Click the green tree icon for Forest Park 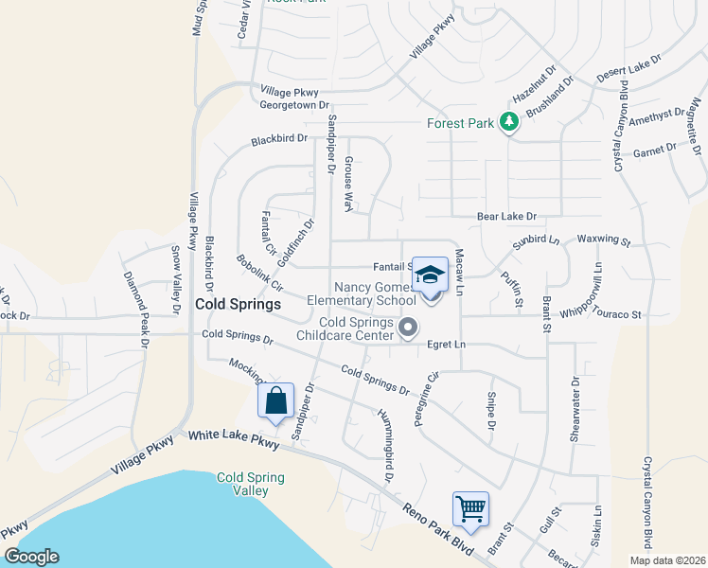coord(509,122)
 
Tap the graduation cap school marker coord(431,276)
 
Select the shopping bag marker coord(275,400)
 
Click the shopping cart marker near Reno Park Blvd coord(470,509)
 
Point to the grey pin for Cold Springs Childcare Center coord(408,328)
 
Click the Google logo coord(31,557)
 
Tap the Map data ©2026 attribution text coord(666,560)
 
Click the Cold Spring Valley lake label coord(250,484)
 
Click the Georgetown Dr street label coord(293,105)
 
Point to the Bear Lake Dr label coord(506,217)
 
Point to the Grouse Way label coord(348,184)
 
